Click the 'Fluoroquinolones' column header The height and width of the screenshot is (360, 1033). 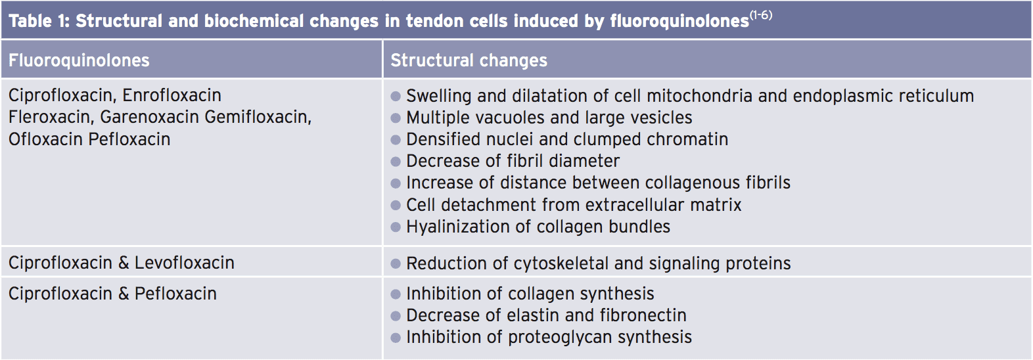79,60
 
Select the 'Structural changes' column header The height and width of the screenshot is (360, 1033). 469,60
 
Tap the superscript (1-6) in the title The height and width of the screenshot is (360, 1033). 761,15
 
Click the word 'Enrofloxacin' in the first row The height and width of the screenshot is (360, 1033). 172,95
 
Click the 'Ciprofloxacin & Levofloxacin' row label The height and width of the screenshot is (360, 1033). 122,263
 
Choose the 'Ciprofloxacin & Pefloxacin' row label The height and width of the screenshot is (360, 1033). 112,294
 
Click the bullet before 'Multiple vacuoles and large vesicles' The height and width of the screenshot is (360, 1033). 395,118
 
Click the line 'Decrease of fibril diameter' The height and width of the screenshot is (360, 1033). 513,161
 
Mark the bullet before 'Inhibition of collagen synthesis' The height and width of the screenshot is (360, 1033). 395,294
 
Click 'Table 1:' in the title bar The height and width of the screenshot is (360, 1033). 39,21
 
